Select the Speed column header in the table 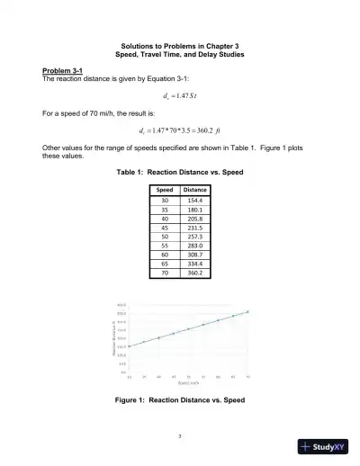[x=165, y=190]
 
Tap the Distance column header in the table [x=194, y=190]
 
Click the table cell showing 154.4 [x=194, y=201]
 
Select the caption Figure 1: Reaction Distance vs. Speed [x=180, y=399]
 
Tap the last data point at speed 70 [x=247, y=311]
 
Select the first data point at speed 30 [x=129, y=345]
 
